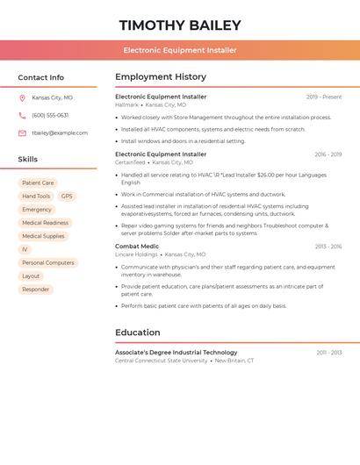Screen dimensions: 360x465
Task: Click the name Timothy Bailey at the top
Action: coord(180,25)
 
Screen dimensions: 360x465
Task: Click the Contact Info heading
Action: coord(41,77)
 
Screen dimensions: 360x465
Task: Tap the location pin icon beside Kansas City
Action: coord(22,98)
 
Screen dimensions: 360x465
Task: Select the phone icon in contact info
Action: coord(22,116)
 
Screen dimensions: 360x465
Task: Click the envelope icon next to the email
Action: coord(22,133)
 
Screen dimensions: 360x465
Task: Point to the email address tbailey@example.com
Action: coord(60,133)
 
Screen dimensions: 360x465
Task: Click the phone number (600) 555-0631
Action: coord(50,116)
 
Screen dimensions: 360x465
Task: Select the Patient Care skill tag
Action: coord(38,183)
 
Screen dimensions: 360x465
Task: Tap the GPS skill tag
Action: coord(67,197)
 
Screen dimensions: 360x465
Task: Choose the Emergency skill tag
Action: coord(37,210)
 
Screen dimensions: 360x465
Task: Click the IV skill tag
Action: coord(25,250)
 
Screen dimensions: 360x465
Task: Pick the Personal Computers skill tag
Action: coord(48,263)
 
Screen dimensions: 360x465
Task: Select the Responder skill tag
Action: coord(36,290)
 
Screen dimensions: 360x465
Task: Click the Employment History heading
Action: coord(161,77)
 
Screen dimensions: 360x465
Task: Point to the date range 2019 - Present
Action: coord(324,97)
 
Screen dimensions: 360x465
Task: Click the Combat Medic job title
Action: coord(137,247)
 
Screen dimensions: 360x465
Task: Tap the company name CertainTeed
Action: coord(130,162)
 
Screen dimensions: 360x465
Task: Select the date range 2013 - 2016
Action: coord(328,247)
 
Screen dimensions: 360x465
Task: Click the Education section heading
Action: coord(138,333)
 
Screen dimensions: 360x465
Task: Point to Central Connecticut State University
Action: coord(162,361)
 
